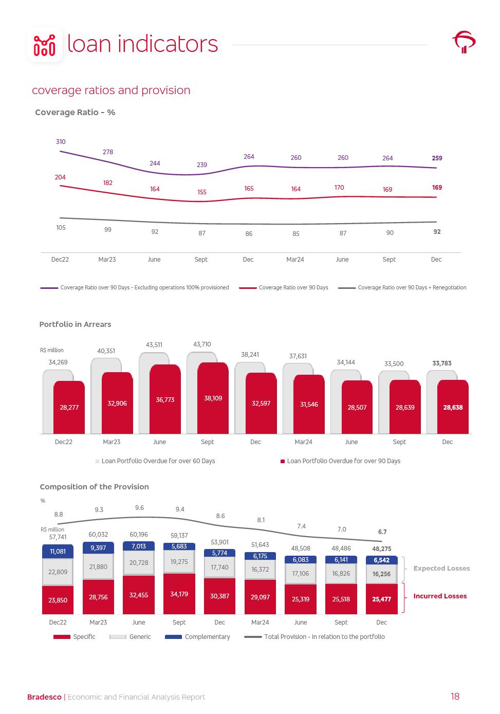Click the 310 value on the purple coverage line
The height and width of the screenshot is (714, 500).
61,142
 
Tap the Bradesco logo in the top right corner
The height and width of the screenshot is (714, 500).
464,42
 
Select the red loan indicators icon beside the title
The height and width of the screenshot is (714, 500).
45,45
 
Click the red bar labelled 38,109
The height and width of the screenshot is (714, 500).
213,398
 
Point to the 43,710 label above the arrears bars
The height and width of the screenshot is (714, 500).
202,344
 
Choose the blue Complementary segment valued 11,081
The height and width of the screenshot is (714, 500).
58,552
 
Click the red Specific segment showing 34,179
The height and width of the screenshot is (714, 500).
179,594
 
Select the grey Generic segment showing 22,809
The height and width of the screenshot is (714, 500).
58,572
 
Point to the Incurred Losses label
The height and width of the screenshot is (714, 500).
440,596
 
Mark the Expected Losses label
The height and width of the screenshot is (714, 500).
441,569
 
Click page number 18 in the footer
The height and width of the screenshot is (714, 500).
455,697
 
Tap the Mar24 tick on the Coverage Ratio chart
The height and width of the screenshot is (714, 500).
295,260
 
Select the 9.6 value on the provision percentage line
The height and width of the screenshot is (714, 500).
139,508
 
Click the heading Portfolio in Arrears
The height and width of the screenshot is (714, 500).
75,324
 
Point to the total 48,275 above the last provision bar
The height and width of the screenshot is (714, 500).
382,549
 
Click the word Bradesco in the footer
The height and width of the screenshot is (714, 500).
44,697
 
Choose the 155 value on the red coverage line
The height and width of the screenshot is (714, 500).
202,192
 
